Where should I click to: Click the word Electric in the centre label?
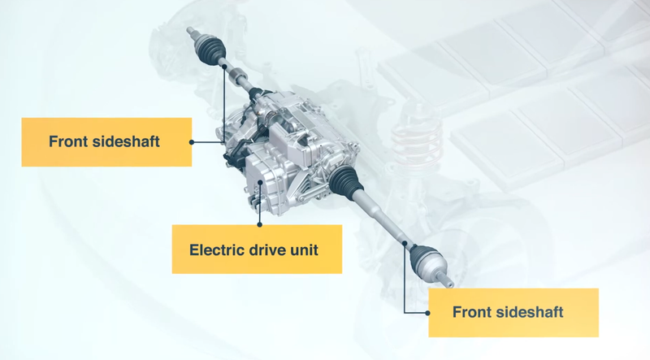point(216,249)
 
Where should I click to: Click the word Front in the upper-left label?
point(67,141)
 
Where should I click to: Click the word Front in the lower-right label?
point(472,312)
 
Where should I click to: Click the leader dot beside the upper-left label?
point(192,141)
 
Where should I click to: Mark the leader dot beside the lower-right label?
point(428,312)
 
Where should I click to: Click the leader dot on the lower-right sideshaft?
point(404,244)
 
